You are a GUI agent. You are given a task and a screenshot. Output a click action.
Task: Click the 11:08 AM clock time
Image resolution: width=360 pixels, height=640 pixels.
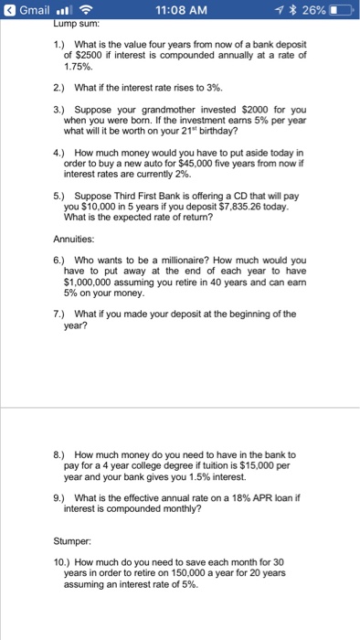point(182,10)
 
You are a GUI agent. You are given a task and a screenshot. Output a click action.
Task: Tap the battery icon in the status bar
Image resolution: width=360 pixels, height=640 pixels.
point(339,10)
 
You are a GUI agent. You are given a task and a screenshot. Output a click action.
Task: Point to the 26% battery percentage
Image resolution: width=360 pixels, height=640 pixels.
point(309,10)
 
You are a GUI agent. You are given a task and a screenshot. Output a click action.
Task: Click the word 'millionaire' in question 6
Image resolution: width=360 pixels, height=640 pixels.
point(179,261)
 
